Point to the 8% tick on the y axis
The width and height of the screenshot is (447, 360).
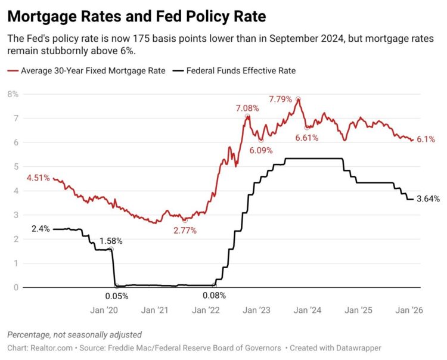point(13,94)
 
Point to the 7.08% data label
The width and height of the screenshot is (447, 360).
point(247,108)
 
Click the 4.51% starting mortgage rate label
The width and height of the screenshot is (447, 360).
point(38,177)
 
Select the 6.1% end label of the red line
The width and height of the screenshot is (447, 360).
point(426,139)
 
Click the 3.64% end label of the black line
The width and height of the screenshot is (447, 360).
point(428,199)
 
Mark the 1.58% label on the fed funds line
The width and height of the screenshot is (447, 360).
point(111,241)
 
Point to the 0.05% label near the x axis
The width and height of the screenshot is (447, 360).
point(116,295)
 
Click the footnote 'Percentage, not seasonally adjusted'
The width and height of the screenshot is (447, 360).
point(74,334)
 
